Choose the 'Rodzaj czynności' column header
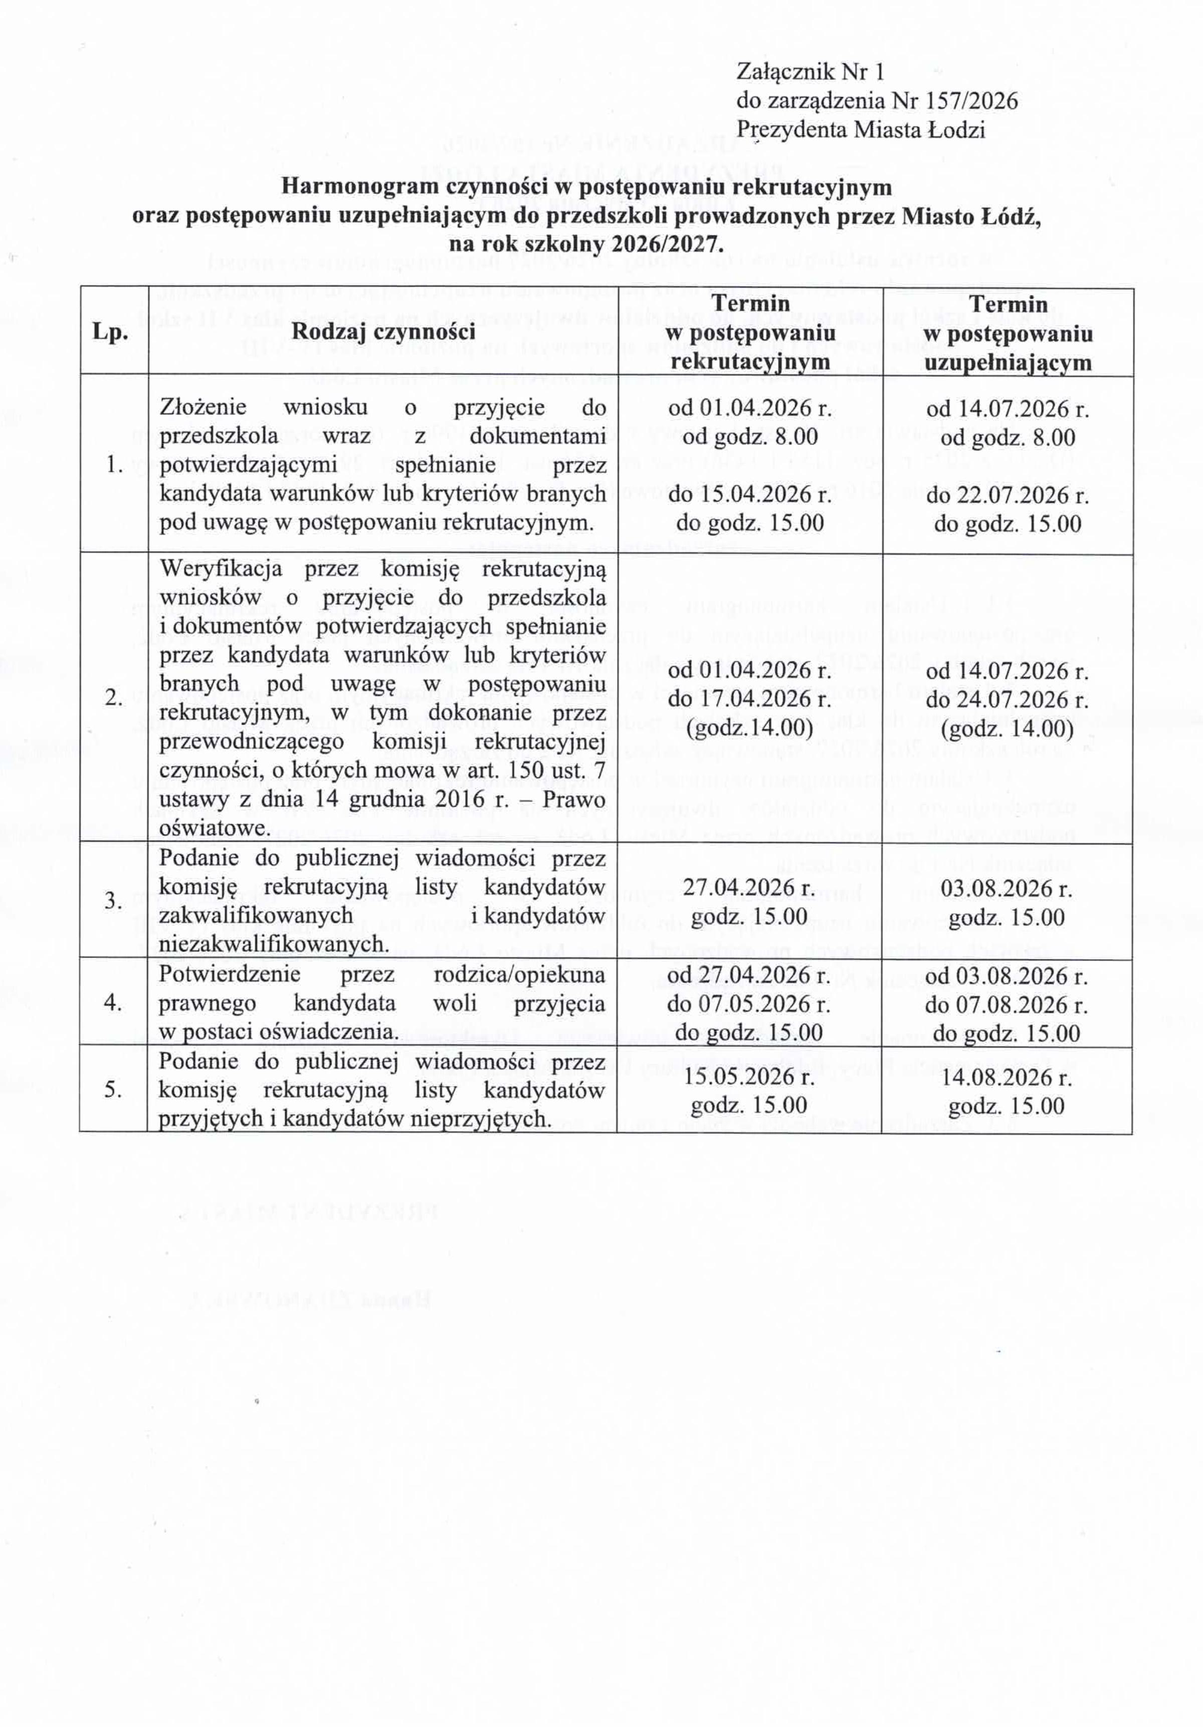[383, 331]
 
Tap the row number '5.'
[114, 1089]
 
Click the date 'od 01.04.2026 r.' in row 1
[750, 408]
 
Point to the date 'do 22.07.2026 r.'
[1008, 495]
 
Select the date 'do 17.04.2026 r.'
[750, 699]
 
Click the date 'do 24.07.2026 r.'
[1008, 699]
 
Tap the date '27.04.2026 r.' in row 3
[750, 888]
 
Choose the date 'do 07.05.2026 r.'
[750, 1004]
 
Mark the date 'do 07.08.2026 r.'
[1008, 1005]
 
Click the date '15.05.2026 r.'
[750, 1076]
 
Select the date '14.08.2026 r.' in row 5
[1008, 1077]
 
